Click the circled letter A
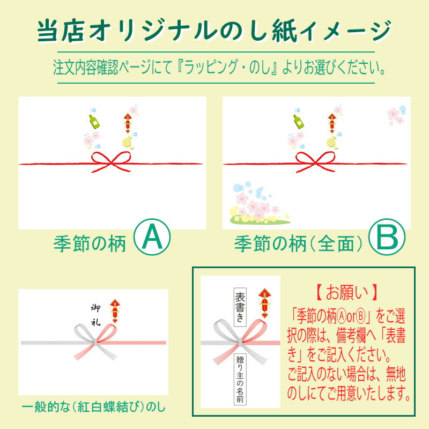click(x=152, y=237)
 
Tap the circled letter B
click(x=387, y=237)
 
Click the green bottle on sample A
click(x=94, y=122)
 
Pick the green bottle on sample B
click(x=299, y=122)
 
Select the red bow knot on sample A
click(x=111, y=162)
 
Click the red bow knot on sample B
click(x=315, y=162)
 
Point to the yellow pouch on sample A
click(x=128, y=142)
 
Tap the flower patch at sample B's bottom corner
click(x=258, y=203)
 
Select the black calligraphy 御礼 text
click(x=95, y=315)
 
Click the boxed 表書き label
click(x=240, y=307)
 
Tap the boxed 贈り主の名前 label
click(x=240, y=379)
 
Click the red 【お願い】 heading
click(x=347, y=293)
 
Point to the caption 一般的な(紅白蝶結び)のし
click(x=93, y=408)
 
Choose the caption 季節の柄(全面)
click(x=298, y=244)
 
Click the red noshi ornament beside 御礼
click(x=115, y=311)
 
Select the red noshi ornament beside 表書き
click(x=264, y=303)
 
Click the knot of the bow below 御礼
click(x=95, y=342)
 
